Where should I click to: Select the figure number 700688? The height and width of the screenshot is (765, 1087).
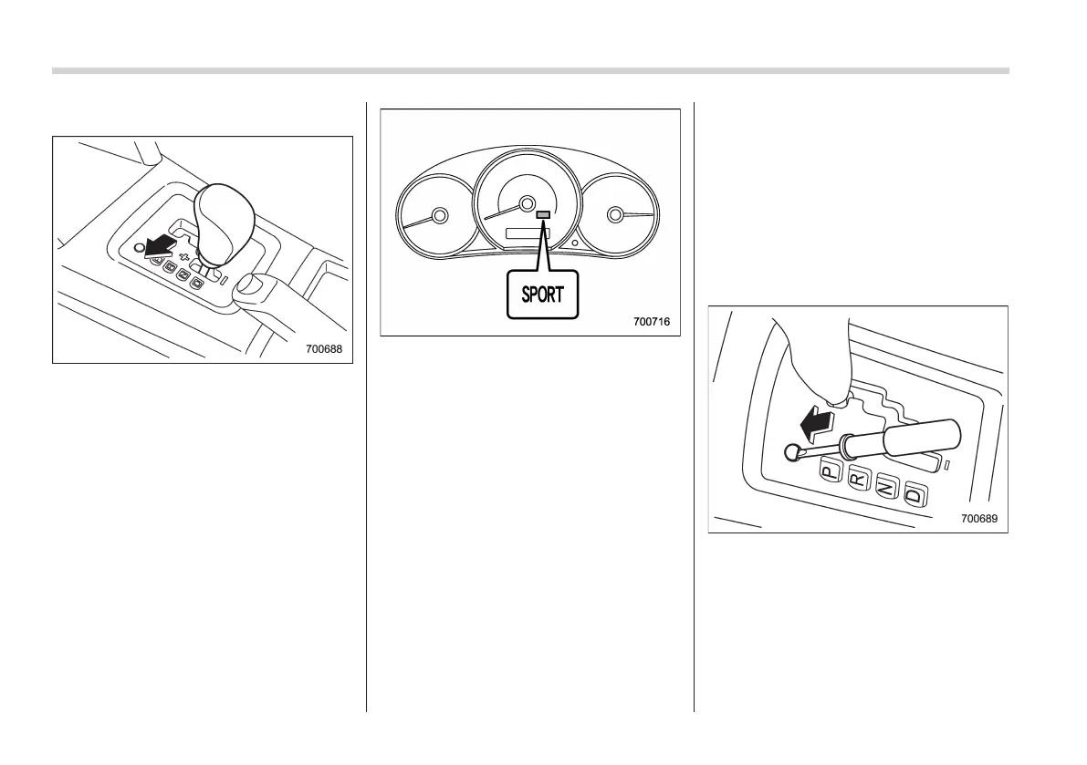[328, 348]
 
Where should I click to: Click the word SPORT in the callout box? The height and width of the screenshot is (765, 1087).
[542, 295]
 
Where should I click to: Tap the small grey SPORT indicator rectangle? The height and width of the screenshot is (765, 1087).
[543, 215]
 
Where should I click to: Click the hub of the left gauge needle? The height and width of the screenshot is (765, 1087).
[440, 216]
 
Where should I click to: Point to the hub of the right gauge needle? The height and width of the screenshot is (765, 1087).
[614, 215]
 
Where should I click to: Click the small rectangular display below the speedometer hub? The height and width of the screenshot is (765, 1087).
[525, 235]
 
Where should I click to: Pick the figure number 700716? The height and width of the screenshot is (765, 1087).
[652, 321]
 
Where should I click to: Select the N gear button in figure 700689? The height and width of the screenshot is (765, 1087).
[885, 488]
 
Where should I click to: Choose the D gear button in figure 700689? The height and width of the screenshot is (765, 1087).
[914, 496]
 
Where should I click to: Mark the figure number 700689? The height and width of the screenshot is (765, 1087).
[978, 518]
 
